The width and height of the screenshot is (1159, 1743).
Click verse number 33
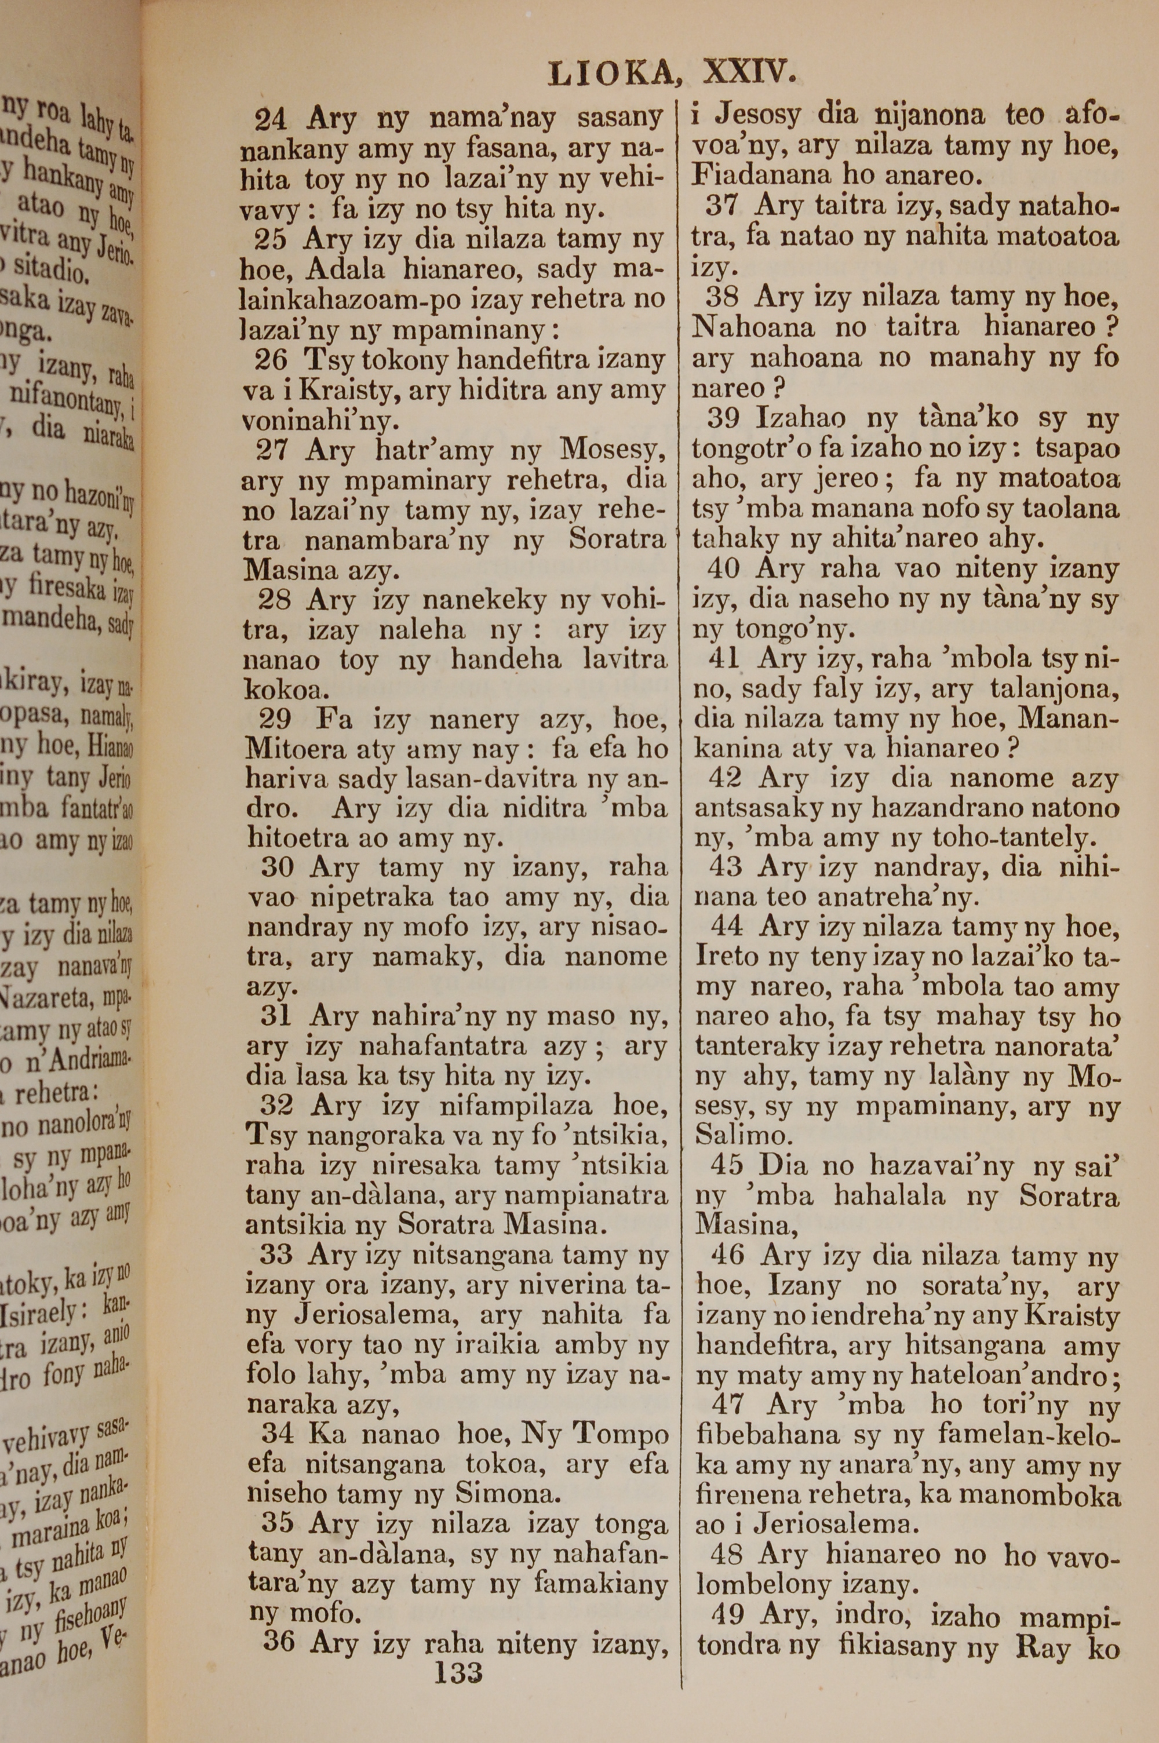276,1255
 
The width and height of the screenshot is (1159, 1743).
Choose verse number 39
724,419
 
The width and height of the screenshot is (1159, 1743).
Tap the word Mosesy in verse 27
613,450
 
